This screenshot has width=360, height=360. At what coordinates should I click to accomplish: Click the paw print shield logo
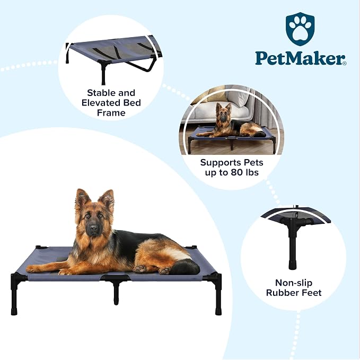(300, 29)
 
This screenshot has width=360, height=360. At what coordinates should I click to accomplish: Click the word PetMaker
(299, 58)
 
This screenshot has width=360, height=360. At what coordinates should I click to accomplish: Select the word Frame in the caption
(111, 113)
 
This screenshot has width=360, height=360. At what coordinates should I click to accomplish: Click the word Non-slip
(294, 283)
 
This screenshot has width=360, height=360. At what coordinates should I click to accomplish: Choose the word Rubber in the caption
(281, 293)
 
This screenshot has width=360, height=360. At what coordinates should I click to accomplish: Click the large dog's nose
(94, 228)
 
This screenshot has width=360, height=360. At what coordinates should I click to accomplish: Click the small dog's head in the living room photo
(223, 112)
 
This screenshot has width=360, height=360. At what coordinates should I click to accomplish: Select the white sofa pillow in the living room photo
(238, 99)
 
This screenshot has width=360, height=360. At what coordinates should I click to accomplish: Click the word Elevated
(101, 103)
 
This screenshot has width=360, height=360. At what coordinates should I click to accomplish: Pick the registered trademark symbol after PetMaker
(345, 64)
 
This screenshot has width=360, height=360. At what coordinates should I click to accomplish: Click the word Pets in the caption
(253, 162)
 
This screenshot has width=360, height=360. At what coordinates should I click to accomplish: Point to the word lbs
(252, 172)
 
